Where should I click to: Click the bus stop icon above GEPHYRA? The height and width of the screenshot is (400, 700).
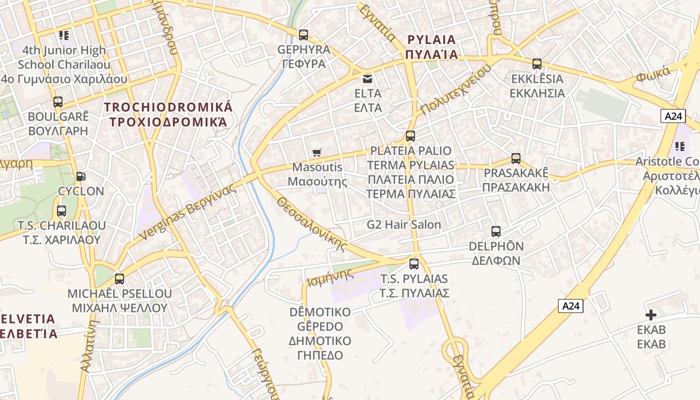[x=303, y=35]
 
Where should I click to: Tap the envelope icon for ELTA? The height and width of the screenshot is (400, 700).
[x=367, y=78]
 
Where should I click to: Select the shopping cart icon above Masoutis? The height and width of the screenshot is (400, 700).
[x=316, y=152]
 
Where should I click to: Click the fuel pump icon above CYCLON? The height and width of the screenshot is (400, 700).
[x=80, y=176]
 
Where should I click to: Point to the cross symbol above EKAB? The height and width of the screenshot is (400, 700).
[x=650, y=315]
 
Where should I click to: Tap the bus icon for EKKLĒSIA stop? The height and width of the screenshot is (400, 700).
[x=536, y=64]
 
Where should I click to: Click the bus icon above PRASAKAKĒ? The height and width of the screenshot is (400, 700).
[x=515, y=158]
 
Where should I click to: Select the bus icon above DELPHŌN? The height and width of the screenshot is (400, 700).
[x=495, y=231]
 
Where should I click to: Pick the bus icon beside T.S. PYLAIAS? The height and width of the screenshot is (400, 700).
[x=413, y=264]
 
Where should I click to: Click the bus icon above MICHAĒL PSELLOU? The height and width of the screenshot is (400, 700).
[x=119, y=279]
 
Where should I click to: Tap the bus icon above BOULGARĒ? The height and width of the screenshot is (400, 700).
[x=58, y=102]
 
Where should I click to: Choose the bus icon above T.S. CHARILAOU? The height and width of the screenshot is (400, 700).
[x=61, y=211]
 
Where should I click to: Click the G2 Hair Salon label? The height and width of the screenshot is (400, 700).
[x=403, y=225]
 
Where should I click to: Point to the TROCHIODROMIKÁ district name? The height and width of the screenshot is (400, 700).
[x=168, y=114]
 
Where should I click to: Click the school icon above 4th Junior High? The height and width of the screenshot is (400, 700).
[x=63, y=35]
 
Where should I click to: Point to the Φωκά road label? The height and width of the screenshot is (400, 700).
[x=653, y=75]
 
